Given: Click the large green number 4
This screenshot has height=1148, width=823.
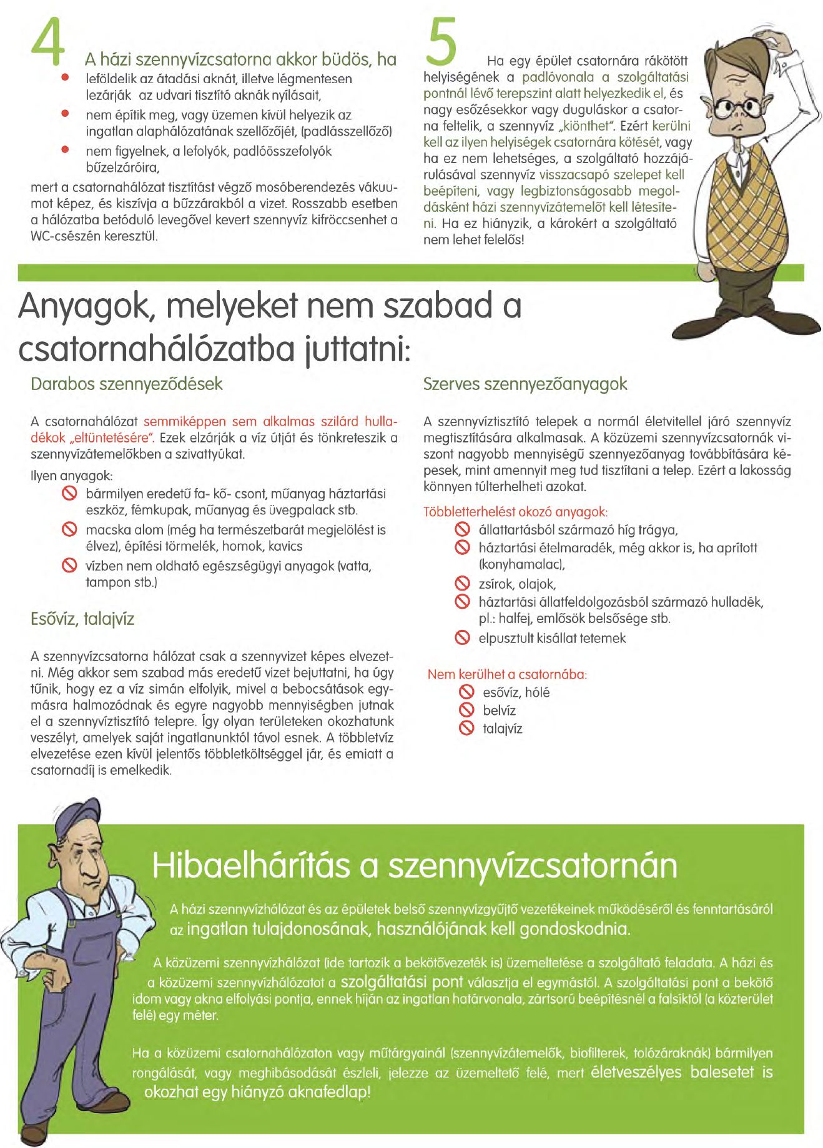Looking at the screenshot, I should (x=48, y=42).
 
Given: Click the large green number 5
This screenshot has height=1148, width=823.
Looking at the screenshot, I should (x=441, y=41).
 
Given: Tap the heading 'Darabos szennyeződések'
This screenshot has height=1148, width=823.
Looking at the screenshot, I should (x=126, y=384).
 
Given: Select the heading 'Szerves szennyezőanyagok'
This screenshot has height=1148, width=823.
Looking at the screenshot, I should (x=525, y=384).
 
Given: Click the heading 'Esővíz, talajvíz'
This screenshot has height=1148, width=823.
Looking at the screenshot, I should (x=82, y=619).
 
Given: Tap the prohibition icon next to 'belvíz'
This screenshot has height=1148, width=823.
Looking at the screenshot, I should (x=466, y=710).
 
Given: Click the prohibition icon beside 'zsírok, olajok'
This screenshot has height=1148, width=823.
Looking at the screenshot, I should (x=462, y=584).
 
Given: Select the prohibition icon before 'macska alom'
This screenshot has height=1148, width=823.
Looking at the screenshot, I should (x=69, y=530).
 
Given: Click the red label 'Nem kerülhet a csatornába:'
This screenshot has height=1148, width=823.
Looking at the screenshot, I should (x=507, y=674).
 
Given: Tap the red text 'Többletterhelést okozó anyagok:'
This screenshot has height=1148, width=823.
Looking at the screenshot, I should (x=516, y=512).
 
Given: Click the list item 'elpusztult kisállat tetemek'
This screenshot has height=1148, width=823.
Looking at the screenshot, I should (x=552, y=638).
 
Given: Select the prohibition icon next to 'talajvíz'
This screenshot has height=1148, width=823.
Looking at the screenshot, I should (x=466, y=728).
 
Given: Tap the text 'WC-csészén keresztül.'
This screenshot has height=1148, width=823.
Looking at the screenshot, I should (x=94, y=236).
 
